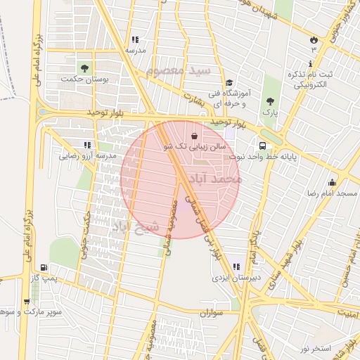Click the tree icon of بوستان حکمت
tap(84, 68)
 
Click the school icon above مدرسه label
tap(134, 39)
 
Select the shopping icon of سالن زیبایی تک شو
tap(194, 136)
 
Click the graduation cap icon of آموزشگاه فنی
tap(229, 82)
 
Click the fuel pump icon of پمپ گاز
tap(45, 267)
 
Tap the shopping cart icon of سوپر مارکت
tap(27, 302)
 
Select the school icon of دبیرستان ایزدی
tap(236, 266)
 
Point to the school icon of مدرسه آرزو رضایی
tap(87, 144)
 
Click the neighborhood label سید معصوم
tap(180, 71)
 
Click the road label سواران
tap(210, 311)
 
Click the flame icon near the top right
tap(314, 40)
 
